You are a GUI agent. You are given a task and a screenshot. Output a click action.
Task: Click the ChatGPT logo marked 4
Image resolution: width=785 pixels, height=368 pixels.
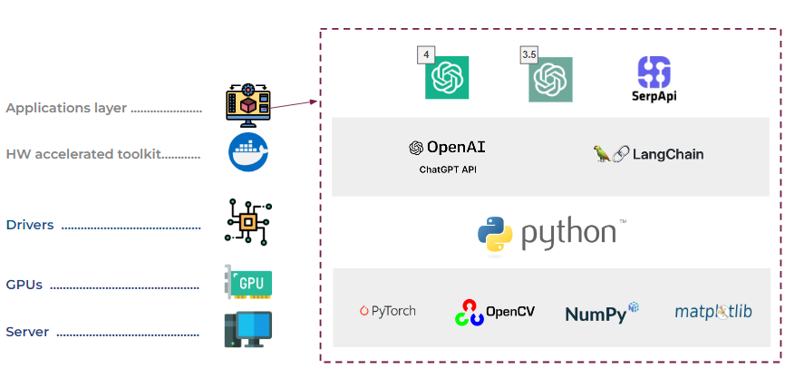(x=447, y=78)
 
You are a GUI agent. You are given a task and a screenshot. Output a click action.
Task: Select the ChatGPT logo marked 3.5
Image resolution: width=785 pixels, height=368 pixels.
(x=551, y=79)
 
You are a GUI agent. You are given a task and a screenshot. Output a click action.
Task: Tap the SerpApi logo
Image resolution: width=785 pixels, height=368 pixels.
(x=654, y=78)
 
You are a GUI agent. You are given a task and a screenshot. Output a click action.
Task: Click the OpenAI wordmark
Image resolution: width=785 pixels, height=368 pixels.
(x=447, y=147)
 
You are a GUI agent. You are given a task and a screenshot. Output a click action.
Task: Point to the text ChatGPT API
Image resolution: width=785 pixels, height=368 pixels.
(x=448, y=169)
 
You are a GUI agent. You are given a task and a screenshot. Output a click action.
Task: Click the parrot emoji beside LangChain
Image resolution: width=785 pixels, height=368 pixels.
(x=602, y=154)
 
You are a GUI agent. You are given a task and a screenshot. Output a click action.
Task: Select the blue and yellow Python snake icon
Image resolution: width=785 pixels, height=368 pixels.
(x=495, y=233)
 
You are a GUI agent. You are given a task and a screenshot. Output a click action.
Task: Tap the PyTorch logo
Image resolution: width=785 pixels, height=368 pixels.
(x=387, y=311)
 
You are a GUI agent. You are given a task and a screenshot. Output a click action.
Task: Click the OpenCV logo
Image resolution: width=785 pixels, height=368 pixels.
(x=494, y=312)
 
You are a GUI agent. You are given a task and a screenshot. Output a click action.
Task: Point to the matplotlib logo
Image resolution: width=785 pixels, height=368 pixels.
(x=713, y=312)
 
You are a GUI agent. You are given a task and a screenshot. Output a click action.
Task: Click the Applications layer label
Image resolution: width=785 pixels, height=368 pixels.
(x=67, y=108)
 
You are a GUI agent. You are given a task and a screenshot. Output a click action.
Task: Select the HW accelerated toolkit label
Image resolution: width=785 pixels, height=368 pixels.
(x=83, y=154)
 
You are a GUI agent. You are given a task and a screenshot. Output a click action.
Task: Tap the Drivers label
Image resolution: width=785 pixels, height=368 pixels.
(x=30, y=225)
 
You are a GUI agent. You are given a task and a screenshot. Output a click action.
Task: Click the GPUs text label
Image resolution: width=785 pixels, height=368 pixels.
(x=24, y=285)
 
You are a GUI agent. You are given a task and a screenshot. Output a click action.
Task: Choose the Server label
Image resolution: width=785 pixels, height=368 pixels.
(x=27, y=332)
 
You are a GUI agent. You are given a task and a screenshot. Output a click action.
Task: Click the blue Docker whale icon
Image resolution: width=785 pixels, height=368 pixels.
(x=249, y=151)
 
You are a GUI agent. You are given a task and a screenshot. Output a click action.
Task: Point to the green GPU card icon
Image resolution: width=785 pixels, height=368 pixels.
(x=248, y=283)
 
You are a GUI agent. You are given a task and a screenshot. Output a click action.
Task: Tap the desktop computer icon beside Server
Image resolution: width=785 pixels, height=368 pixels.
(x=248, y=330)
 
